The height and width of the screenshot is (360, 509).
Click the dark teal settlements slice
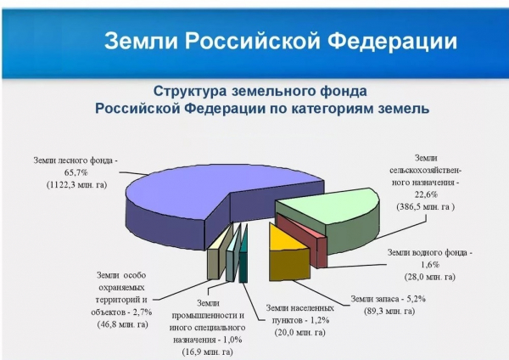(x=243, y=256)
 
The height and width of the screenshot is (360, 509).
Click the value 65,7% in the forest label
(x=76, y=172)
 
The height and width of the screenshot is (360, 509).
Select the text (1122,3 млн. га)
(x=76, y=185)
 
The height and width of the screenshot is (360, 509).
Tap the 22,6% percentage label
(x=426, y=194)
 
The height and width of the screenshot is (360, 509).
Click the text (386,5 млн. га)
(x=426, y=207)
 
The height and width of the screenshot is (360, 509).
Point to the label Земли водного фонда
(x=427, y=253)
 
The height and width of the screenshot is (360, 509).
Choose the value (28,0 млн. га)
(x=430, y=277)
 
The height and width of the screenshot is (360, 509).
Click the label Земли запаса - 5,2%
(x=388, y=299)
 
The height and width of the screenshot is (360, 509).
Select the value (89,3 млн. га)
(x=389, y=312)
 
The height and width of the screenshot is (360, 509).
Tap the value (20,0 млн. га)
(x=299, y=333)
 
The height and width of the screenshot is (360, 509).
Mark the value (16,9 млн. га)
(x=208, y=352)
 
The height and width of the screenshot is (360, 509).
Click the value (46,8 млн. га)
(x=122, y=324)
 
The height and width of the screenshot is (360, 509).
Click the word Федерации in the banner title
(x=392, y=42)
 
